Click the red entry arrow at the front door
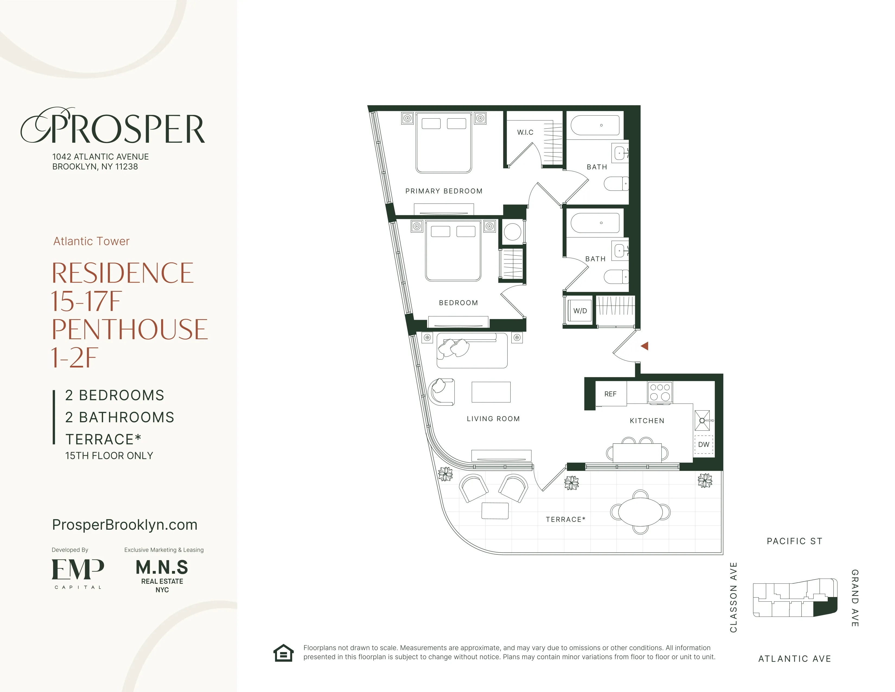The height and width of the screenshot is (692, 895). click(645, 346)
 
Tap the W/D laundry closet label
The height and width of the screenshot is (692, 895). click(580, 311)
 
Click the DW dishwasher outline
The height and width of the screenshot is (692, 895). click(704, 445)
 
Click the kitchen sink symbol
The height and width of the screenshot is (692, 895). click(702, 420)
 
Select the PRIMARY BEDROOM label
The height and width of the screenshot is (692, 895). click(444, 191)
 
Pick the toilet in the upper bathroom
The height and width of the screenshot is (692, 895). click(616, 184)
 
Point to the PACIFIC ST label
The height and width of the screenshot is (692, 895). click(794, 541)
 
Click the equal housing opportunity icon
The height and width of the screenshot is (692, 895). click(284, 653)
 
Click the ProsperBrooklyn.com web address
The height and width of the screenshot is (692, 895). click(125, 525)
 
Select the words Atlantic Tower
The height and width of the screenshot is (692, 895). click(91, 241)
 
